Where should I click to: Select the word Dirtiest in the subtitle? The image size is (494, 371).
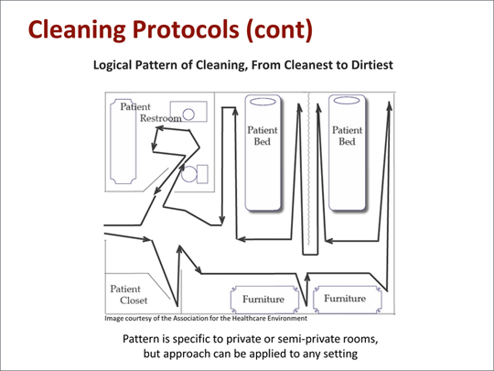coord(372,67)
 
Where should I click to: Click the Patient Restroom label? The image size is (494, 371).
coord(146,113)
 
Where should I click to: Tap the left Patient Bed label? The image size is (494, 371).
coord(263,136)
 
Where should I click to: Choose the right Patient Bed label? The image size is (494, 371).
coord(346,136)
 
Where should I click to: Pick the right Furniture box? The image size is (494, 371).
coord(345,299)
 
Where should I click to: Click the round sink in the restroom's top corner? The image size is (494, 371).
coord(189,115)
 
